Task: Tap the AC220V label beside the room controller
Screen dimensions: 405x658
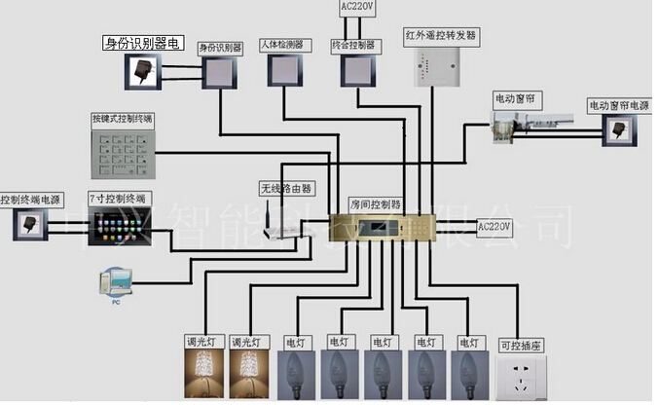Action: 493,227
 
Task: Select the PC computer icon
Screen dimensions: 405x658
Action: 115,284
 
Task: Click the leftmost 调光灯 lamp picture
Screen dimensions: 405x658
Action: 204,373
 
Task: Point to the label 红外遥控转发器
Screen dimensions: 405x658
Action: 441,35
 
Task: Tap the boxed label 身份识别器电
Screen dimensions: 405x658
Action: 144,43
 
